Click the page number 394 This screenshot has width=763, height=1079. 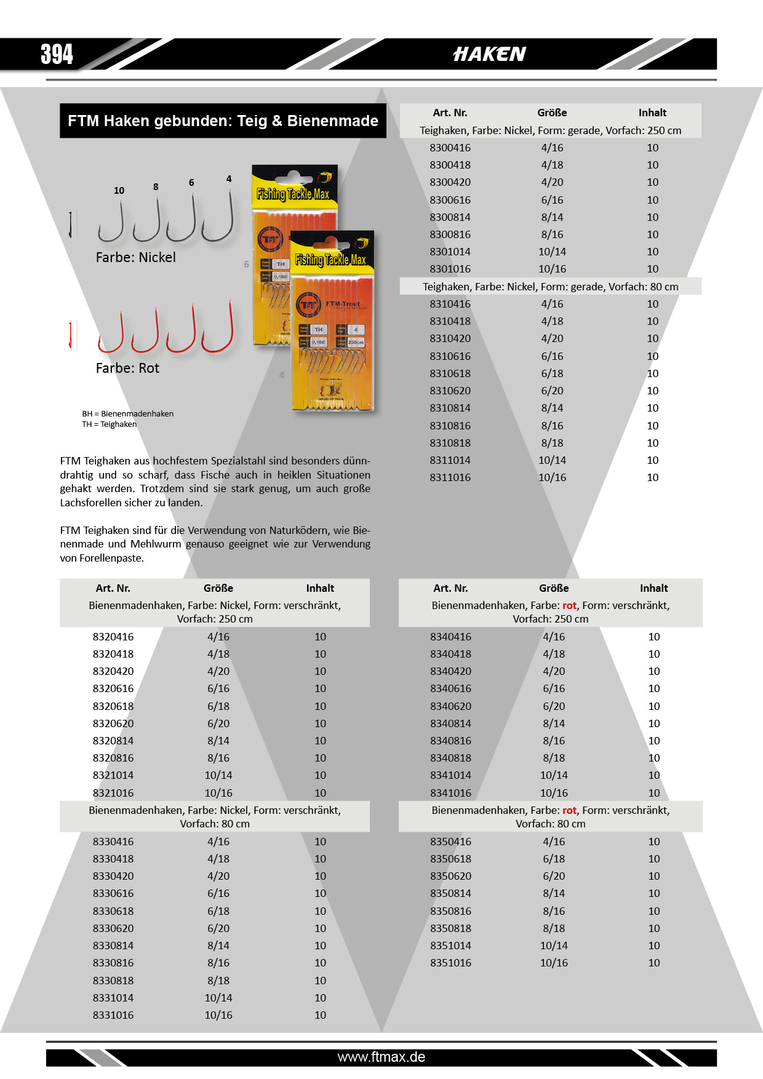[x=57, y=54]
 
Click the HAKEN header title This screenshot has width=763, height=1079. [x=489, y=54]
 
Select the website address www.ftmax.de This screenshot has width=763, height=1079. [x=381, y=1057]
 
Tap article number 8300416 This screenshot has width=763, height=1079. [x=450, y=148]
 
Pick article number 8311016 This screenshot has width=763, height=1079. [x=450, y=477]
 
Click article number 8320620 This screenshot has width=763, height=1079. [x=113, y=723]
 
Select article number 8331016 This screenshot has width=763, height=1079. [x=113, y=1015]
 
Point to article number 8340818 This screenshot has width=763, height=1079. [x=450, y=758]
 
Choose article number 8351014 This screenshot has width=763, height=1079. [x=450, y=946]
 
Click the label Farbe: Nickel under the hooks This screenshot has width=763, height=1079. [x=135, y=257]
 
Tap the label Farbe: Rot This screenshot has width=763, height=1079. [x=127, y=368]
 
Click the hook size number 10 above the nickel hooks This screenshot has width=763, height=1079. [x=119, y=191]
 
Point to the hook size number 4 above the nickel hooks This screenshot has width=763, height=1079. [x=229, y=179]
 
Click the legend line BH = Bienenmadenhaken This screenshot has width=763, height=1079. [x=128, y=413]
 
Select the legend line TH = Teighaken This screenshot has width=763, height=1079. [x=110, y=424]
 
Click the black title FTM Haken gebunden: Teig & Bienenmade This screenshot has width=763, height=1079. [x=223, y=121]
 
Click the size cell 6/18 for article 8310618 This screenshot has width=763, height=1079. [x=552, y=373]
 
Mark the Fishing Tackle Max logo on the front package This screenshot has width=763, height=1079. [x=330, y=260]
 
